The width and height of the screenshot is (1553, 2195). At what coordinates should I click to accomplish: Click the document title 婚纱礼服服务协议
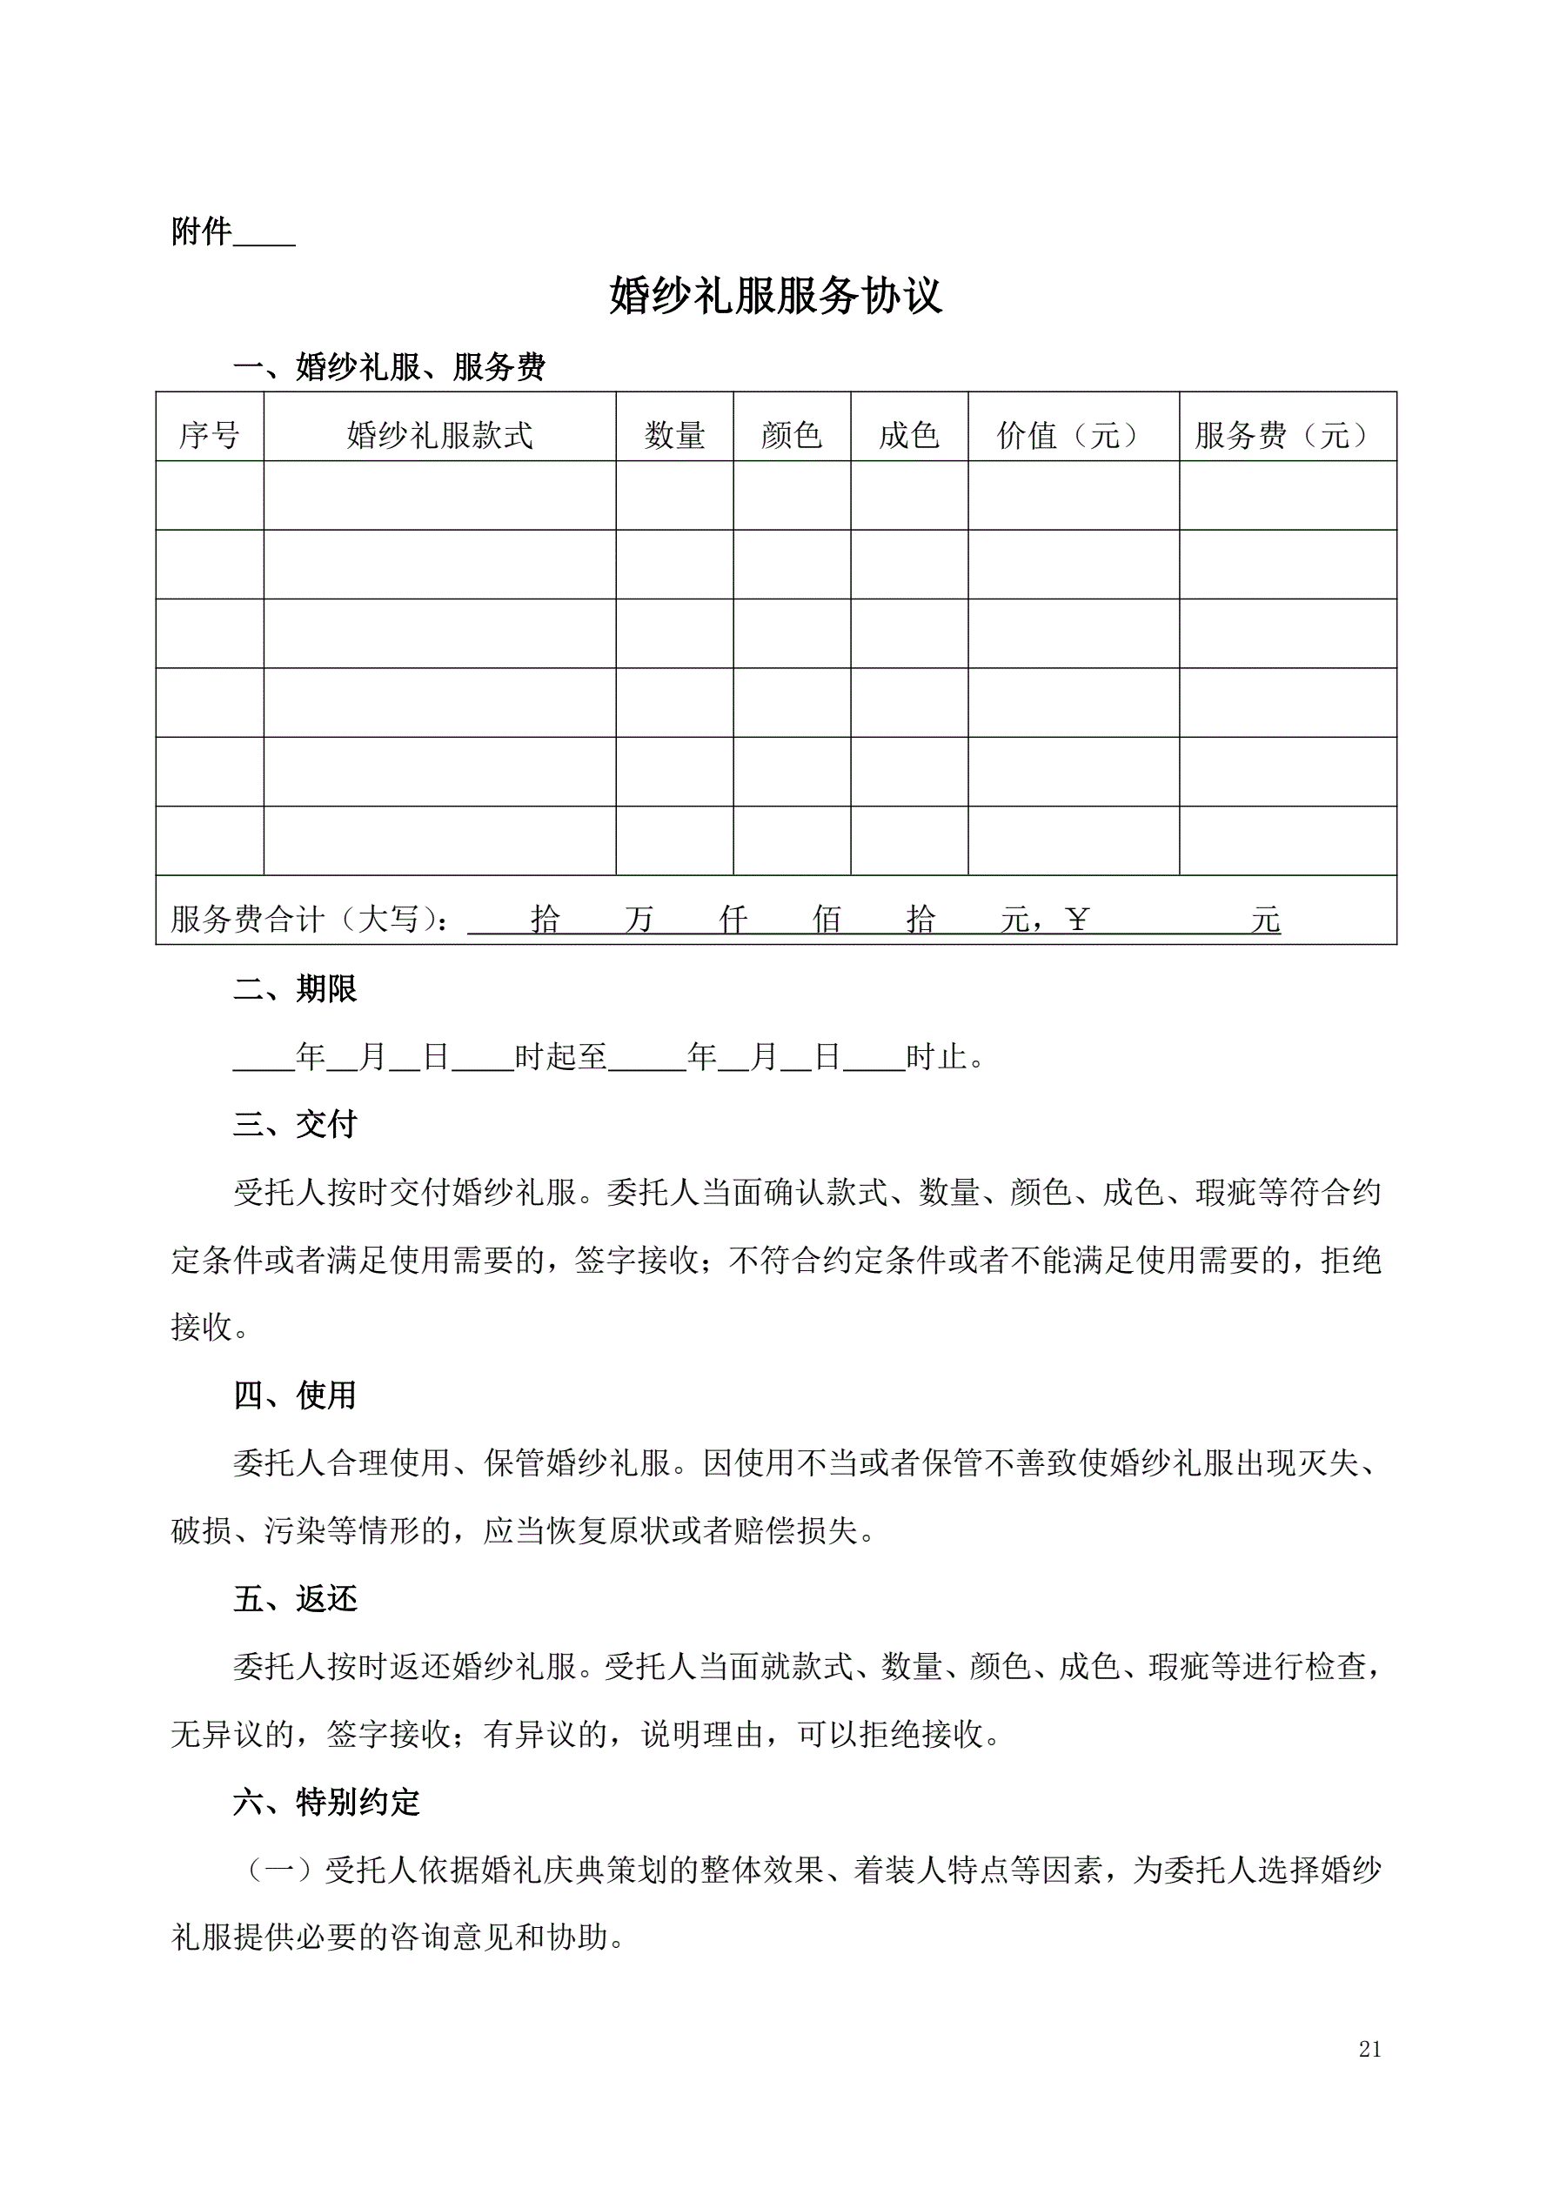(x=775, y=297)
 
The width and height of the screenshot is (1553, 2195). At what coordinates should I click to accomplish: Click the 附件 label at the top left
(x=202, y=231)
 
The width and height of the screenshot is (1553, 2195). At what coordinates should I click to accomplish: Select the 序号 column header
(x=210, y=436)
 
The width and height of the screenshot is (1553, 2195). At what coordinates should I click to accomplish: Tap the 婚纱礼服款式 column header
(x=440, y=436)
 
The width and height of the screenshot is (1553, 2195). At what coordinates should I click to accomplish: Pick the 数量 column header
(x=674, y=436)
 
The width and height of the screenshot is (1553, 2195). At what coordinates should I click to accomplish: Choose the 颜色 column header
(x=792, y=436)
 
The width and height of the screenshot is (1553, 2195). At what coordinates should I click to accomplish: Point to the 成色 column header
(x=909, y=436)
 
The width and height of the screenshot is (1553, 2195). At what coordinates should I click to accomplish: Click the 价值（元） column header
(x=1073, y=436)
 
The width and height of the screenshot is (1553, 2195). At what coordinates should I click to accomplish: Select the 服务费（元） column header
(x=1287, y=436)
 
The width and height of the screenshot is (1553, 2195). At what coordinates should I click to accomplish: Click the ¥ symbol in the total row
(x=1077, y=920)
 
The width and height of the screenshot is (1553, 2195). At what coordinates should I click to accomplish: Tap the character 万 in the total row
(x=639, y=920)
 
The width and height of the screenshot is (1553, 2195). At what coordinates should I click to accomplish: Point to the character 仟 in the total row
(x=733, y=920)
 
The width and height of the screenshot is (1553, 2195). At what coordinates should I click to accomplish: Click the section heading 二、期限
(x=295, y=988)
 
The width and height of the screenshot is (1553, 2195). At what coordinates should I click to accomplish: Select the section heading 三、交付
(x=295, y=1124)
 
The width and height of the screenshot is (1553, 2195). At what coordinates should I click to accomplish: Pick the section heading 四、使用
(x=295, y=1395)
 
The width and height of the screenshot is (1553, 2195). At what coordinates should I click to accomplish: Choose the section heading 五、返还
(x=295, y=1598)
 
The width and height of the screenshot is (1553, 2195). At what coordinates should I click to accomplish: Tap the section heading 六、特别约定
(x=326, y=1802)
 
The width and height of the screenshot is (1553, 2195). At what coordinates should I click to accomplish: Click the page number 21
(x=1369, y=2076)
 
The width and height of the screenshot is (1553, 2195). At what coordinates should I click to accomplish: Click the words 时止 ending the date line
(x=936, y=1057)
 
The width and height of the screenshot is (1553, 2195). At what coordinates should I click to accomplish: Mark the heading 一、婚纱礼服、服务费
(x=389, y=367)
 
